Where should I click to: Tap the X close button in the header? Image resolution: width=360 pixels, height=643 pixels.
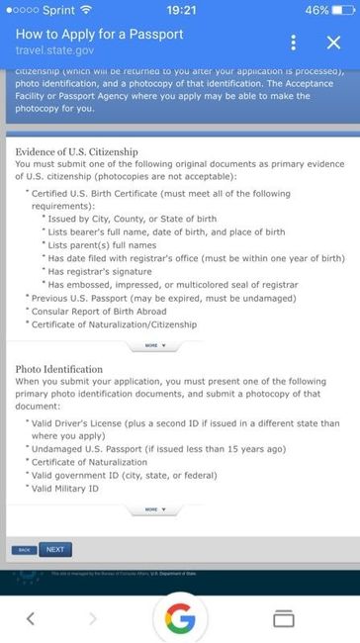(x=333, y=44)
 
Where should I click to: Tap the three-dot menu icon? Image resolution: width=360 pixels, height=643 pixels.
(x=294, y=44)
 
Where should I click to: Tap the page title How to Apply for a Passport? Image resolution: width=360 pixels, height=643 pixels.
(x=99, y=35)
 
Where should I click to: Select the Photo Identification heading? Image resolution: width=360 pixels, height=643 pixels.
(x=59, y=369)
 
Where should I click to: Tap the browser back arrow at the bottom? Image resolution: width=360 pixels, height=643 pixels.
(x=31, y=618)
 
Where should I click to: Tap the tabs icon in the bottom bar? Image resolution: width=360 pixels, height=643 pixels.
(x=284, y=618)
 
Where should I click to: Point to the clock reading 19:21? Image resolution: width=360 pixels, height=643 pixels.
(x=181, y=9)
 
